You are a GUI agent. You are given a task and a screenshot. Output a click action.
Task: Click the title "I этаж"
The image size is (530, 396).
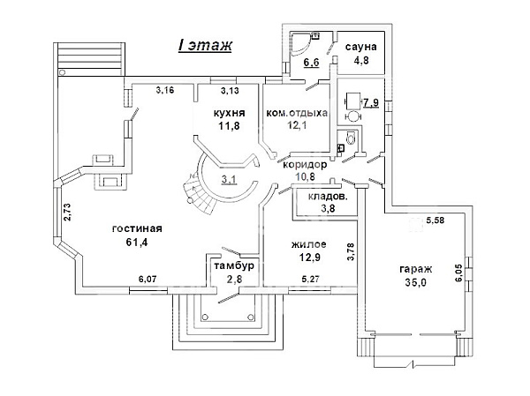point(205,45)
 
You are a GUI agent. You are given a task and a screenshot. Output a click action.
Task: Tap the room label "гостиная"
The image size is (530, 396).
point(137,228)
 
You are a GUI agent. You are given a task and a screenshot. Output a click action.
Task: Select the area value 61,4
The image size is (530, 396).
point(137,242)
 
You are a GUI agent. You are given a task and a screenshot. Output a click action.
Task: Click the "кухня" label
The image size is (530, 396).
point(229,113)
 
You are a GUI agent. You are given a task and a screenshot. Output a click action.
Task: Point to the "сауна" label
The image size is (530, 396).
point(360,47)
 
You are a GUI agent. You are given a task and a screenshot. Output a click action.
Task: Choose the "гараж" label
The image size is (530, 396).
point(416,269)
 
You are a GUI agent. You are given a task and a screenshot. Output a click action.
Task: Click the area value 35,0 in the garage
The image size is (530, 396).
point(416,282)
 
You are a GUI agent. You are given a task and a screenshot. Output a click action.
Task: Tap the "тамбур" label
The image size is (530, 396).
point(234,266)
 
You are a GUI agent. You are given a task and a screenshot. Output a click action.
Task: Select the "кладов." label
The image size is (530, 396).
point(328,197)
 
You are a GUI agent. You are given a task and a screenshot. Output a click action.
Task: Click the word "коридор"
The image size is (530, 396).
point(305,165)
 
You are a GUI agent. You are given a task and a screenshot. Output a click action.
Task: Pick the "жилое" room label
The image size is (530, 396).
point(308,243)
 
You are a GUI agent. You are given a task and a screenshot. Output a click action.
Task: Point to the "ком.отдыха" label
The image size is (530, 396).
point(297,113)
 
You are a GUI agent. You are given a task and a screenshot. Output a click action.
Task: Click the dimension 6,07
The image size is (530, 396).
point(148,280)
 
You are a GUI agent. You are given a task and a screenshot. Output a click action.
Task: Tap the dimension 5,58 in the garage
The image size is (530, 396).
point(435,220)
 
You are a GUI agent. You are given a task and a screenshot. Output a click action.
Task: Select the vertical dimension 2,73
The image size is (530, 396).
point(67,212)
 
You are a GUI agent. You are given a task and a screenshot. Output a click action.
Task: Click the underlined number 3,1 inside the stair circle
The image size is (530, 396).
point(229,179)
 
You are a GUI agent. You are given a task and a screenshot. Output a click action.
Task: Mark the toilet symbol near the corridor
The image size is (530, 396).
point(351,138)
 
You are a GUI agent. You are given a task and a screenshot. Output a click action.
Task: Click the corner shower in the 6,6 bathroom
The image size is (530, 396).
point(299,42)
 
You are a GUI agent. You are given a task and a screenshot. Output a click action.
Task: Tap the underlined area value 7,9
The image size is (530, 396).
point(371,102)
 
